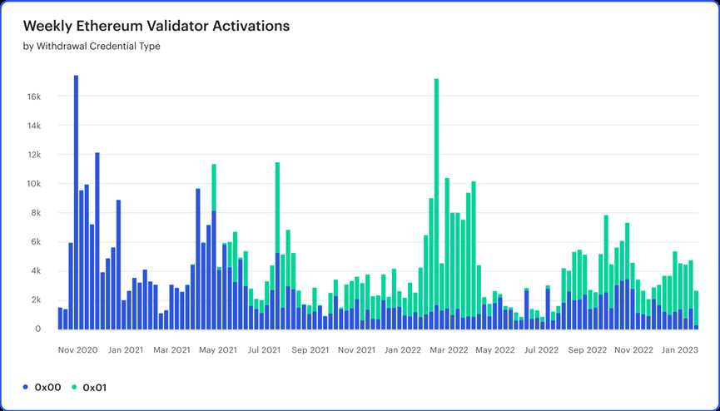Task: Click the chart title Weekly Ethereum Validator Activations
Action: [156, 26]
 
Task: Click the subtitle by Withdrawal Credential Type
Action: [92, 47]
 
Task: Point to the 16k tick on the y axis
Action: [34, 97]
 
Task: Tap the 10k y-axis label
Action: [34, 184]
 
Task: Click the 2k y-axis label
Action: [36, 300]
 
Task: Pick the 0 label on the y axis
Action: [38, 329]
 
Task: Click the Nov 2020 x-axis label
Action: [78, 350]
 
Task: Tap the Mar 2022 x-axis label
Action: [447, 350]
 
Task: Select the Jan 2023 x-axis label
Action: [679, 350]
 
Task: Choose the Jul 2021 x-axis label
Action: [264, 350]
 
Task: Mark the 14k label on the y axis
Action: [34, 126]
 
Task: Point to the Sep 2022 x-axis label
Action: [587, 350]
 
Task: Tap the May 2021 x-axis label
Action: [219, 350]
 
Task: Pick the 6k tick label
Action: [36, 242]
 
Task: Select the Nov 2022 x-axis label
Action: [633, 350]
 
